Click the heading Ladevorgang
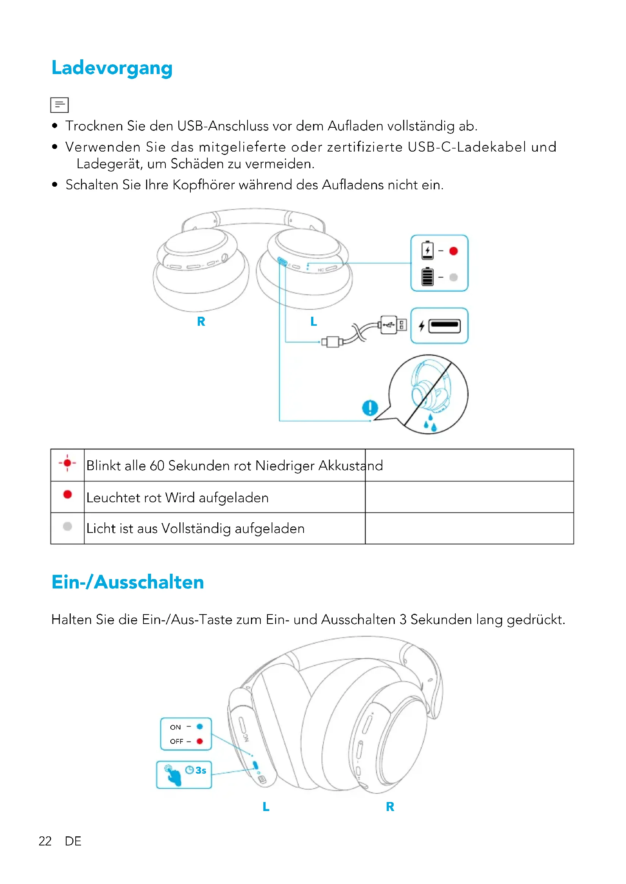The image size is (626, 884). [x=112, y=68]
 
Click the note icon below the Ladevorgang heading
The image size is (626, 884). [x=59, y=105]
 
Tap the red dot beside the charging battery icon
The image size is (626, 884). [x=453, y=251]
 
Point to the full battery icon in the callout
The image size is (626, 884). [x=427, y=277]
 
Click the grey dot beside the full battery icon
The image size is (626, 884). [x=453, y=277]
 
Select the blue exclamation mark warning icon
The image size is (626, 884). [x=370, y=407]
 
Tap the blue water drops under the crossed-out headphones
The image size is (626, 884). [x=431, y=424]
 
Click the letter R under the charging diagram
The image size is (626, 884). [x=201, y=322]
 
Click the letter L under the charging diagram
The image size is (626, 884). [x=313, y=322]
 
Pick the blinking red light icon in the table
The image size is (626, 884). [x=67, y=463]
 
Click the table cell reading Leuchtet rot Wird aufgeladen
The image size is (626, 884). [x=177, y=497]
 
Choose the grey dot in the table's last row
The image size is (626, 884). [x=67, y=526]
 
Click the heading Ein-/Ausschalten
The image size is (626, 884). [x=128, y=582]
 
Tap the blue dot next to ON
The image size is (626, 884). [x=200, y=726]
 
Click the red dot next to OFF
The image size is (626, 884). [x=200, y=741]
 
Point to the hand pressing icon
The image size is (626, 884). [x=173, y=775]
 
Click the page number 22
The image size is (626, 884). [x=45, y=841]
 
